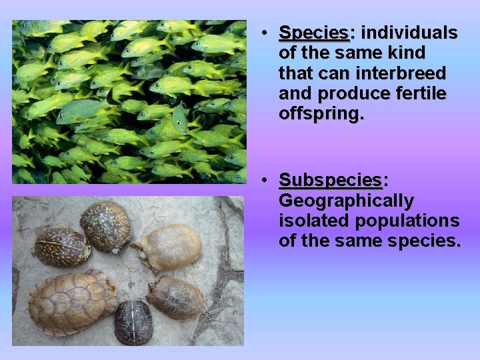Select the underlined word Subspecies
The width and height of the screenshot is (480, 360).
coord(330,181)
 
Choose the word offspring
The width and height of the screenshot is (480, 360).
coord(321,114)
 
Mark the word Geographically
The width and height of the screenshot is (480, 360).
coord(346,201)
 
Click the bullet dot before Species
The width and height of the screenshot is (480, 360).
coord(265,33)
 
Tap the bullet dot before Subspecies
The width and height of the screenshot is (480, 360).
coord(265,181)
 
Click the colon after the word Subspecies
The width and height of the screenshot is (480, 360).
coord(385,181)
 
